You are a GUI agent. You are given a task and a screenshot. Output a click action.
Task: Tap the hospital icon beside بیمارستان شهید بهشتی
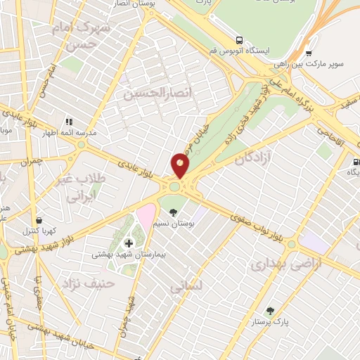pos(128,243)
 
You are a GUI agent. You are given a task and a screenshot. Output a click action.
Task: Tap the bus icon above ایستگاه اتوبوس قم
pos(240,39)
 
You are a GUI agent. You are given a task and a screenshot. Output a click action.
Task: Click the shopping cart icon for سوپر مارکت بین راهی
pos(308,53)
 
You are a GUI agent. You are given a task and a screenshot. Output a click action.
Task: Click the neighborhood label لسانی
pos(186,286)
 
